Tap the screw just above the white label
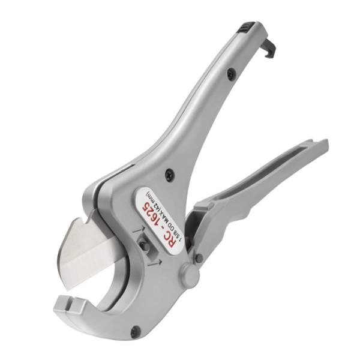tap(170, 175)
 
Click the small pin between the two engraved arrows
tap(144, 247)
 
